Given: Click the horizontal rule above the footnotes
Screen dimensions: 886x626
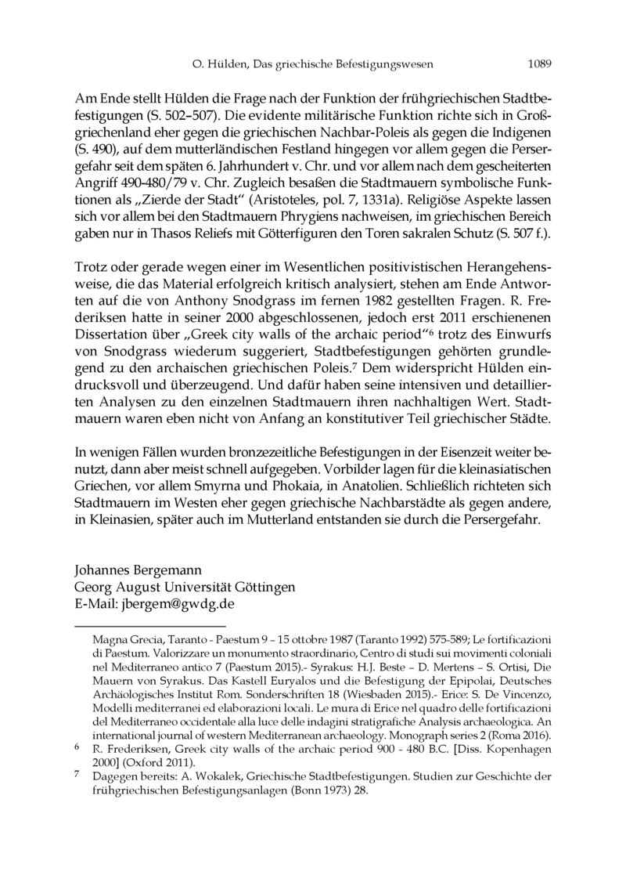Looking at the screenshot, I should point(149,627).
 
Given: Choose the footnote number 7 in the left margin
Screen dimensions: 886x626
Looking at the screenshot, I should point(77,775).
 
